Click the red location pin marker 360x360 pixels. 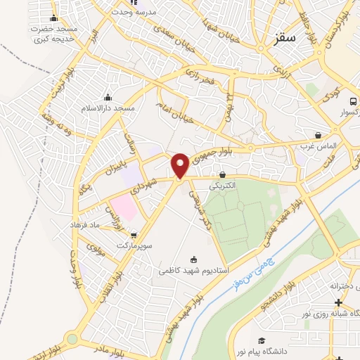(x=180, y=165)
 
